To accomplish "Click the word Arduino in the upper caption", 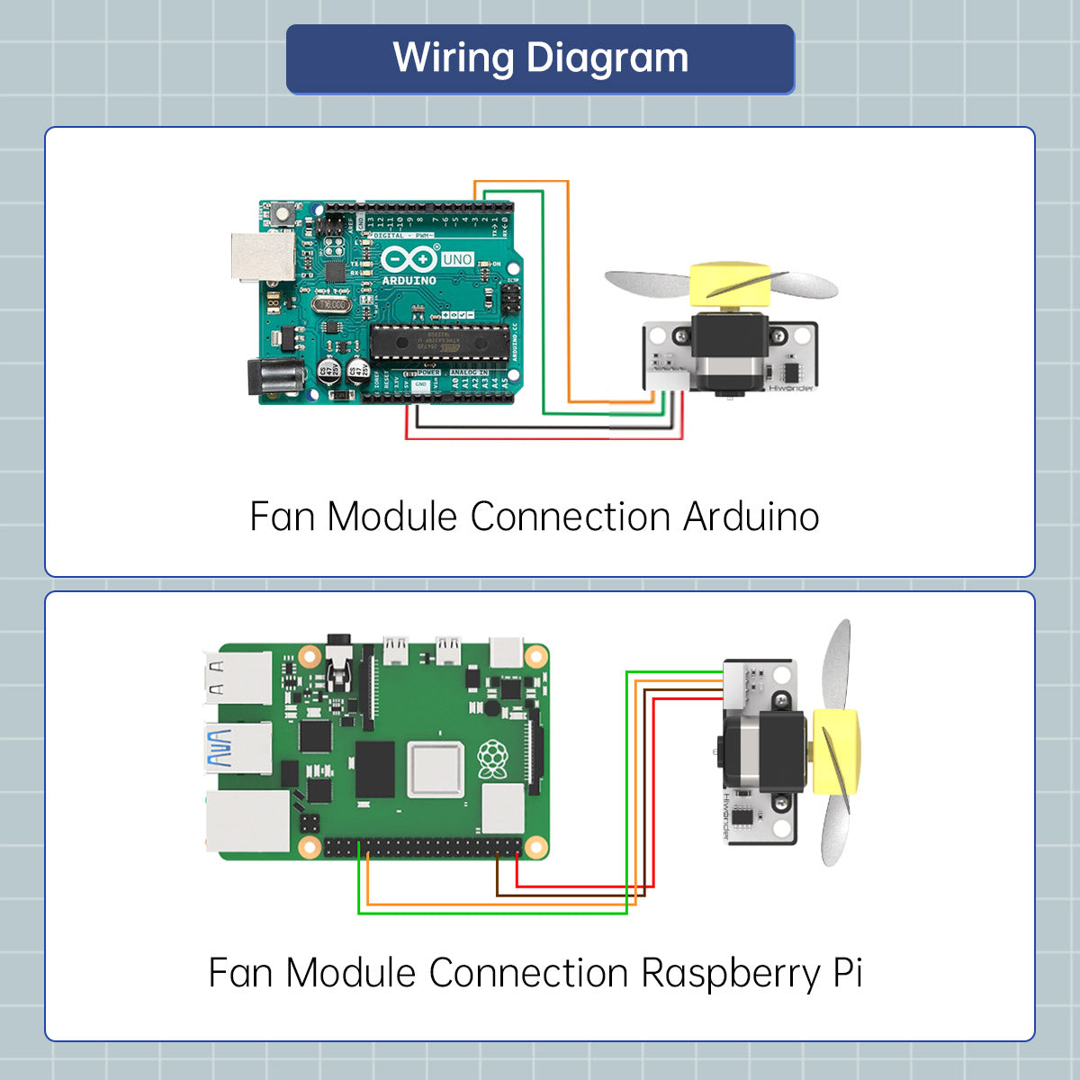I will tap(751, 517).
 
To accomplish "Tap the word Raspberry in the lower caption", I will tap(731, 974).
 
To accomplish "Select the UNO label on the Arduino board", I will tap(457, 259).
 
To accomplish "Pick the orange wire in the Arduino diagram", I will tap(569, 288).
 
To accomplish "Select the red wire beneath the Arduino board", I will tap(540, 438).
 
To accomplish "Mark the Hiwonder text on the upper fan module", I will tap(791, 389).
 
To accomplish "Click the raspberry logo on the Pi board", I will tap(492, 759).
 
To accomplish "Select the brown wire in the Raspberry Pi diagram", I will tap(567, 895).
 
